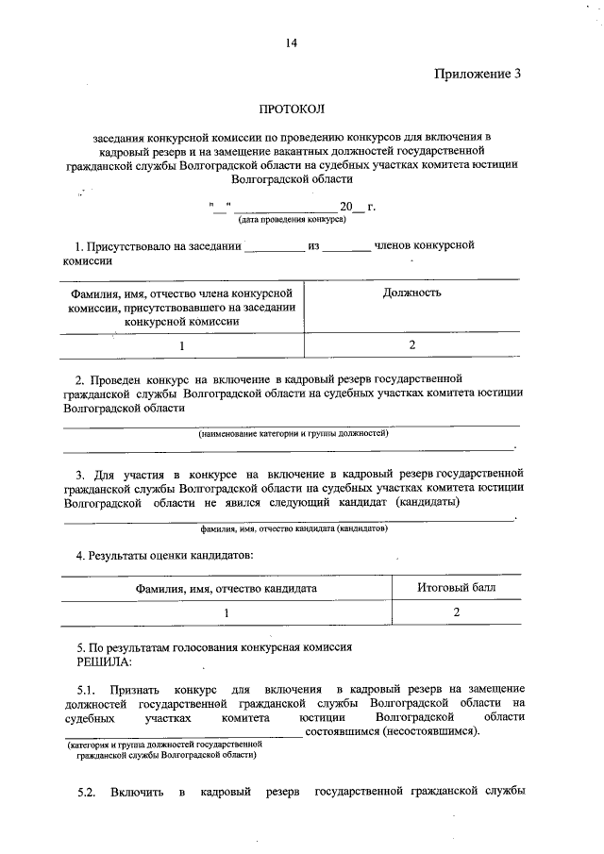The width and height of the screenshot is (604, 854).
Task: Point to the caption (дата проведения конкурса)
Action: [x=278, y=220]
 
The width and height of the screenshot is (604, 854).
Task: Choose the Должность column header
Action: [x=412, y=293]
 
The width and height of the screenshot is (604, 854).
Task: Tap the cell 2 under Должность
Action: [x=412, y=345]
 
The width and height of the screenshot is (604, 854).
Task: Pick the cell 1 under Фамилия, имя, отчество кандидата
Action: [x=226, y=612]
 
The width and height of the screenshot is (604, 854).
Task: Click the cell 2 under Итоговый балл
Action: [x=456, y=612]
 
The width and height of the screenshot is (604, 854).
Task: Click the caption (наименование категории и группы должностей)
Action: [x=293, y=433]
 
